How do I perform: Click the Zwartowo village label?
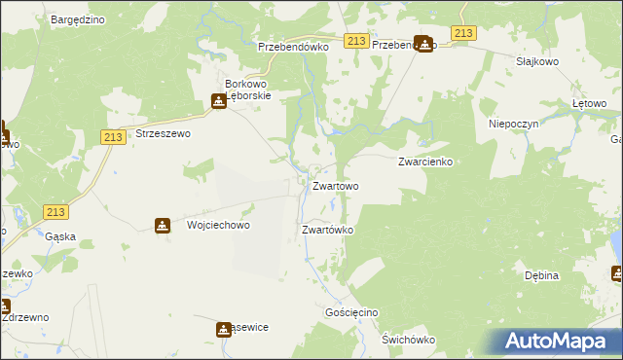coord(335,186)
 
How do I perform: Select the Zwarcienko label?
coord(426,162)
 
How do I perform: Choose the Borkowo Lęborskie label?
coord(260,90)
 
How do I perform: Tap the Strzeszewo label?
coord(163,133)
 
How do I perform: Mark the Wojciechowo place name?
coord(218,225)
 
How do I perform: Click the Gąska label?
coord(60,236)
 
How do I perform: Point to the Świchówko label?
coord(408,340)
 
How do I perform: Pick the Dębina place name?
coord(541,275)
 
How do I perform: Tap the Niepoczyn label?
coord(513,125)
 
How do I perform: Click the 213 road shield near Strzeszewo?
coord(111,138)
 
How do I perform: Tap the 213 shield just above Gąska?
coord(55,212)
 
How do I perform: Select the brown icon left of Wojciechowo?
coord(162,226)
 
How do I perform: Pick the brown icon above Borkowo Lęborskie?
coord(220,100)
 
